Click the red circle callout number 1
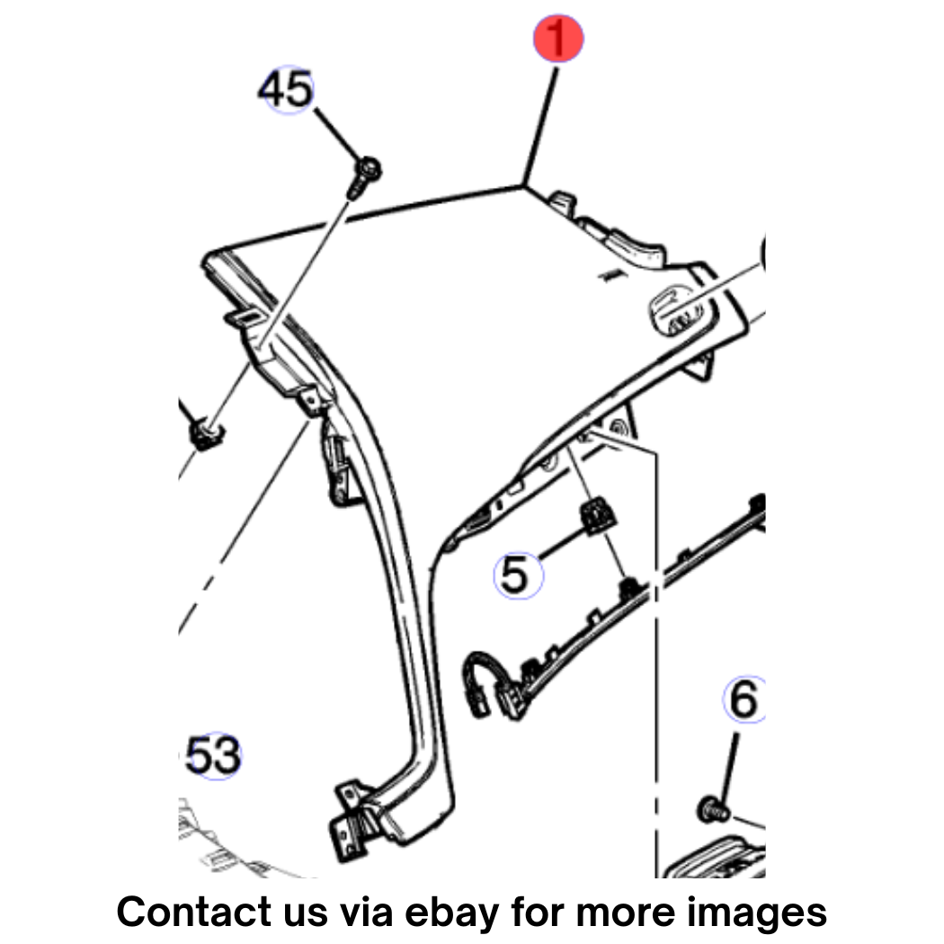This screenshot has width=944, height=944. pyautogui.click(x=558, y=38)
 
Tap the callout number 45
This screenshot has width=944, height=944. pyautogui.click(x=287, y=89)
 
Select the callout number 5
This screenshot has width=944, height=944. pyautogui.click(x=517, y=575)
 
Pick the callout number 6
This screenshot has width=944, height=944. pyautogui.click(x=744, y=699)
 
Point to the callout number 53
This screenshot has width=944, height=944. pyautogui.click(x=212, y=755)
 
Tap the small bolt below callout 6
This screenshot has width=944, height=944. pyautogui.click(x=714, y=809)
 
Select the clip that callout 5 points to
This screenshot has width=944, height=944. pyautogui.click(x=597, y=515)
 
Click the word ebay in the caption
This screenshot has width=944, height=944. pyautogui.click(x=451, y=913)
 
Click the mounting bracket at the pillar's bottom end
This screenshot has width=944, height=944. pyautogui.click(x=352, y=819)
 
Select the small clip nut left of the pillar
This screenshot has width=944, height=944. pyautogui.click(x=206, y=433)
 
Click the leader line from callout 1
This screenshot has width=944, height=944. pyautogui.click(x=540, y=127)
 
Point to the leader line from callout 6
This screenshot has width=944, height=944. pyautogui.click(x=728, y=766)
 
